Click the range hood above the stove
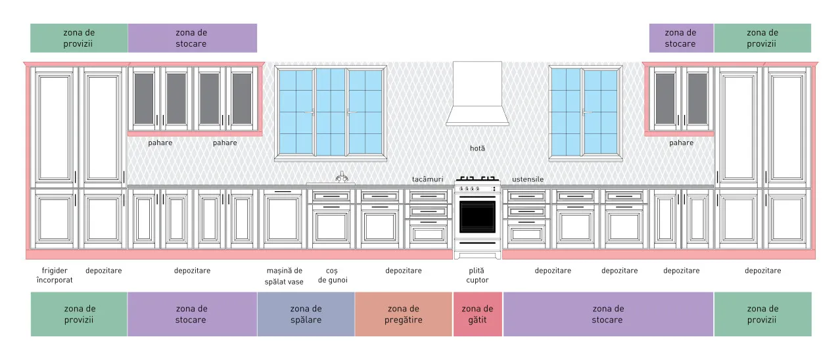(x=477, y=94)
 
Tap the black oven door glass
(x=477, y=217)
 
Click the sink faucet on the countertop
(x=342, y=177)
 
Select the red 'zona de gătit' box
(x=478, y=314)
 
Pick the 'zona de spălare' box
(x=306, y=314)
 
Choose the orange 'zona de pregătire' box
(x=404, y=314)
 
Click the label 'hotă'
(x=477, y=148)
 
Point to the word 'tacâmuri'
(x=427, y=179)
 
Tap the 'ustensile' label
(x=528, y=179)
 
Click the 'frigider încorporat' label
(x=55, y=275)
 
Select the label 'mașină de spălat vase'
(x=284, y=276)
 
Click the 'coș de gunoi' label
(x=333, y=275)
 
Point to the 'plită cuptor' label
(x=477, y=275)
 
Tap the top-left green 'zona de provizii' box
(x=79, y=38)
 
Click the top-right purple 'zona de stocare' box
(x=681, y=38)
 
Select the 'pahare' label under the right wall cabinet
(x=681, y=143)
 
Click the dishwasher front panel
(x=283, y=218)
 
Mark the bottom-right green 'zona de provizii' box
(x=762, y=314)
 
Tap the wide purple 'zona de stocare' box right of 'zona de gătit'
(x=608, y=314)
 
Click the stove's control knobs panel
(x=477, y=189)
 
